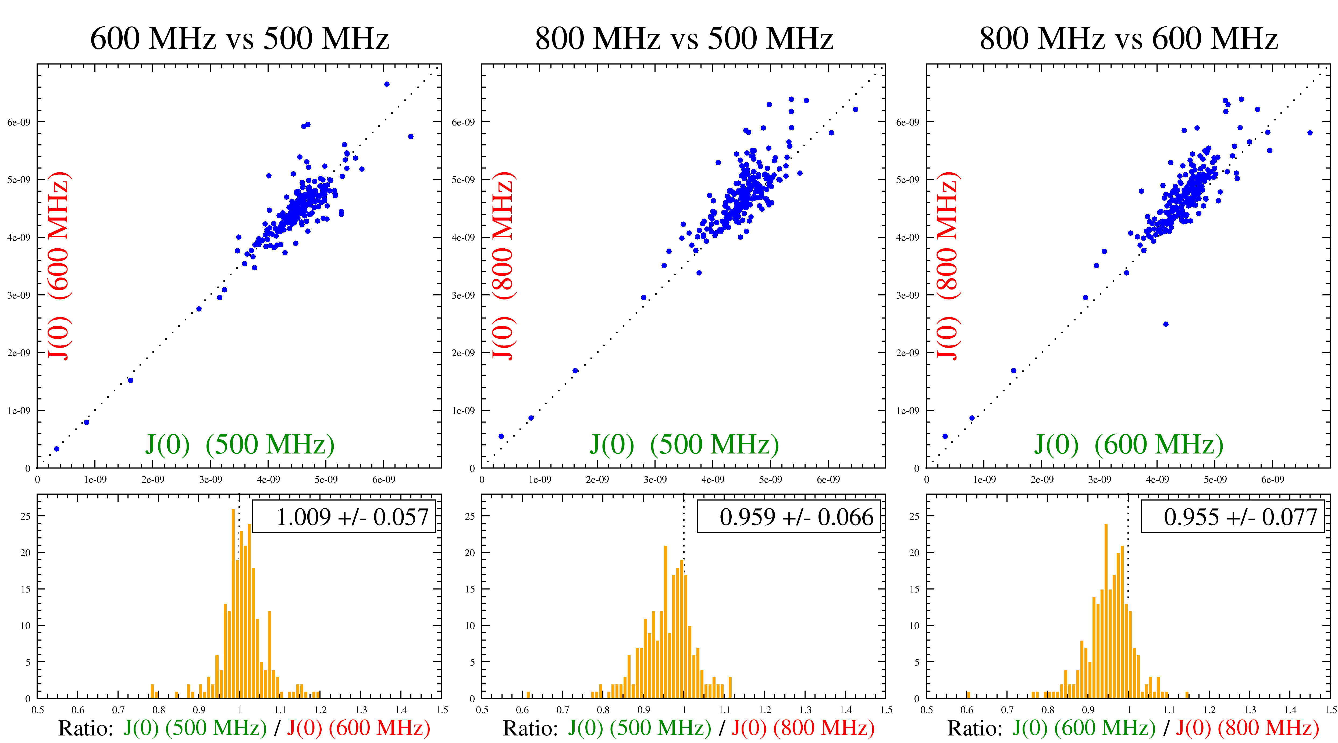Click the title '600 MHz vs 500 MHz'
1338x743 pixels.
(240, 38)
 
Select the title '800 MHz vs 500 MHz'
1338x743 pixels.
(684, 38)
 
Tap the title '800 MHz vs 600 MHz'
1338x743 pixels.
(1128, 38)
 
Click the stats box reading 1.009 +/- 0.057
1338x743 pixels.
(344, 517)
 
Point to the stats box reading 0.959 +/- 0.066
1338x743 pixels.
(788, 517)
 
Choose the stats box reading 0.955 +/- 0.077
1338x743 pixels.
(1233, 517)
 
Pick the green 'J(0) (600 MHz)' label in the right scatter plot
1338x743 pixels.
(1128, 444)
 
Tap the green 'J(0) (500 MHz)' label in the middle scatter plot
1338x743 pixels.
(684, 444)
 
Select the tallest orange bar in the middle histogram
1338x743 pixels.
(666, 623)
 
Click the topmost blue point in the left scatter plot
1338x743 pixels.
(387, 84)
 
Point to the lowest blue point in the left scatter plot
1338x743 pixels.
(57, 449)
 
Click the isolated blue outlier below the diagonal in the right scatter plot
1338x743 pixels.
(1166, 324)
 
